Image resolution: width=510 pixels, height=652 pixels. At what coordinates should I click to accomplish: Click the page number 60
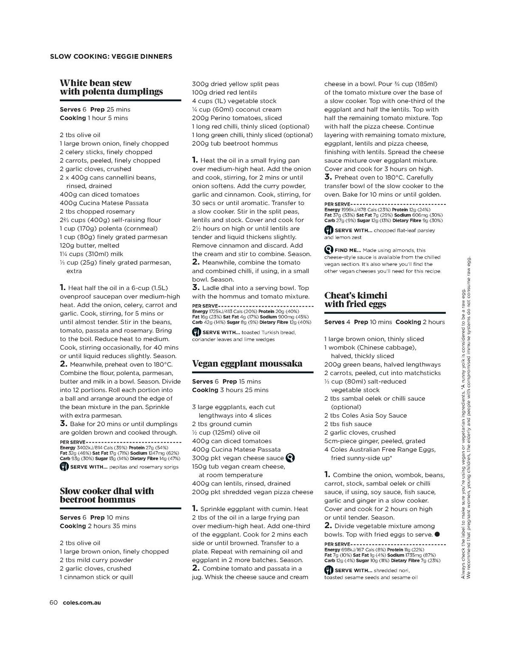(53, 602)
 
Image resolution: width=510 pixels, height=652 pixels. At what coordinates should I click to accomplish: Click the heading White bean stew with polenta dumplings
(111, 87)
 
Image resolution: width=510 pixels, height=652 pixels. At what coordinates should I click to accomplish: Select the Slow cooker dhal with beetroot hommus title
(107, 495)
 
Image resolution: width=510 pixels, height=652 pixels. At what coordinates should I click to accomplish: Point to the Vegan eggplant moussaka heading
(247, 364)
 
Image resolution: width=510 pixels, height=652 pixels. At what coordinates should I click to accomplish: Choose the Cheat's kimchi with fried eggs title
(356, 300)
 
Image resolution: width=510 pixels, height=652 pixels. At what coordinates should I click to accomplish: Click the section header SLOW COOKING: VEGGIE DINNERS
(111, 56)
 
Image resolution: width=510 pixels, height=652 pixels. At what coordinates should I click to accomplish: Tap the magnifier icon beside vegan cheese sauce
(291, 458)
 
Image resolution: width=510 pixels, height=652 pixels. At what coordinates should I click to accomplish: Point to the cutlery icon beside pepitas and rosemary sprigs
(64, 467)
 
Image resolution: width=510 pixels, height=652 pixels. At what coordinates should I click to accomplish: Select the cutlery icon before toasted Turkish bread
(196, 332)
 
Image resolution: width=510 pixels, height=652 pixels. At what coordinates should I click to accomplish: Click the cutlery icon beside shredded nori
(329, 570)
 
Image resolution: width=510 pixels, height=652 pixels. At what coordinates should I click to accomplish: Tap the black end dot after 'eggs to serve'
(437, 534)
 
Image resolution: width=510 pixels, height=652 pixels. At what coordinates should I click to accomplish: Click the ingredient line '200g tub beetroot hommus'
(235, 144)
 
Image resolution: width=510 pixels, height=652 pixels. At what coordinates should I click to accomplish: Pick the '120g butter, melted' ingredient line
(90, 246)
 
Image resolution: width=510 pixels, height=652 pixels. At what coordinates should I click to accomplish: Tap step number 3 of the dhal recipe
(195, 288)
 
